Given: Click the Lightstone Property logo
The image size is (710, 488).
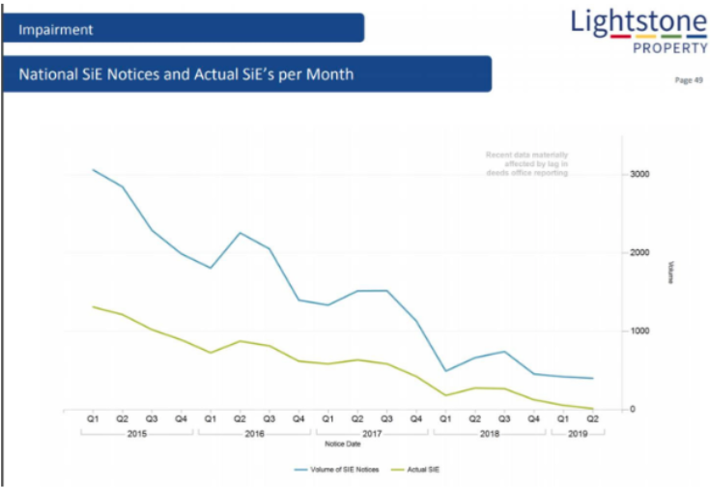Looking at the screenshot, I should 638,31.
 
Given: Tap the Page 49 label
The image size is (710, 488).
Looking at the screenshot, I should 688,81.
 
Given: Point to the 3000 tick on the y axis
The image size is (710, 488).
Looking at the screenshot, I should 639,175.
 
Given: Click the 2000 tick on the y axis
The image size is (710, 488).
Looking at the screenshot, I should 639,253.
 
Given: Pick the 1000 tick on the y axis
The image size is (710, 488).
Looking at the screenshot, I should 639,331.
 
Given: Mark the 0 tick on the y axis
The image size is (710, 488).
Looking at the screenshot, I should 634,410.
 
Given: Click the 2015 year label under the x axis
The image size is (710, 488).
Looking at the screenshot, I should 138,435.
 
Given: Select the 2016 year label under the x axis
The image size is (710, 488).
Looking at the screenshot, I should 254,435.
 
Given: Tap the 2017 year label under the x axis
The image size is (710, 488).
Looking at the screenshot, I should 372,435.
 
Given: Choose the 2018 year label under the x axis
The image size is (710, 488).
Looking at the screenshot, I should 489,435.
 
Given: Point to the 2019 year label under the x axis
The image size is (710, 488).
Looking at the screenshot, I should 577,435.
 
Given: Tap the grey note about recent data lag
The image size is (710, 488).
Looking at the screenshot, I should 526,163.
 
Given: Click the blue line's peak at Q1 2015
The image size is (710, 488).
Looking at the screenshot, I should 94,169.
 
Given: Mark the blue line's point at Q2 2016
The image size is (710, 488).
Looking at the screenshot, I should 240,233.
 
